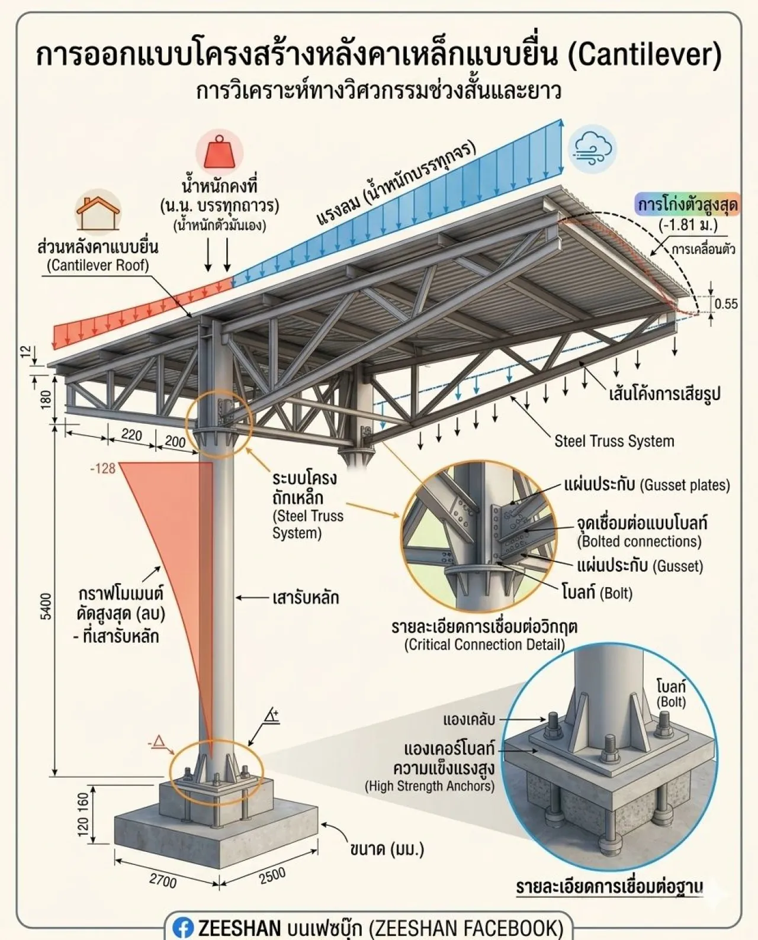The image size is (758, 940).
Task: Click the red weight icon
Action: pos(220,152)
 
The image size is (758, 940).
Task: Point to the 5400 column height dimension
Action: pos(46,606)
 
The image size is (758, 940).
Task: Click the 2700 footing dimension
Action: pos(163,881)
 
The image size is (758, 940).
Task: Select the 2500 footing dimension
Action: pos(272,875)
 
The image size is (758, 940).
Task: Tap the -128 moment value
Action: pos(102,469)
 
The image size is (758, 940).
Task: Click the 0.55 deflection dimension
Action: pos(726,304)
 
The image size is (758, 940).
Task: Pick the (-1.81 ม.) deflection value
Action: pos(688,225)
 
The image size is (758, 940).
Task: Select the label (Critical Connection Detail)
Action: pos(484,645)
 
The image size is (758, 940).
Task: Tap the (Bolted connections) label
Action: pos(639,542)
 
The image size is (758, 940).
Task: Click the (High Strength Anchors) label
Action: pos(430,786)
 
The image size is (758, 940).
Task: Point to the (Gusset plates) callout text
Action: pos(685,485)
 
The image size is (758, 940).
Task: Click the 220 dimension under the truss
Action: pos(131,434)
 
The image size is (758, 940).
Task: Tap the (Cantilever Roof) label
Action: pos(98,265)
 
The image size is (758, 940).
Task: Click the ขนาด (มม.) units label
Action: pos(387,849)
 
